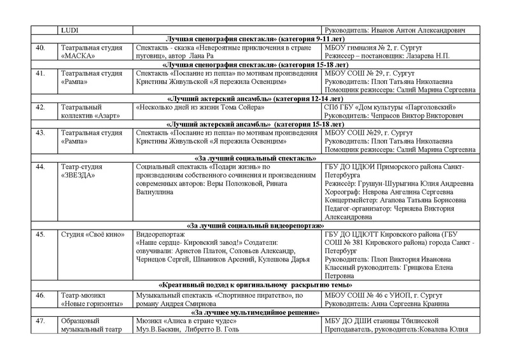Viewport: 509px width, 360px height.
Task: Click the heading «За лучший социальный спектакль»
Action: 254,157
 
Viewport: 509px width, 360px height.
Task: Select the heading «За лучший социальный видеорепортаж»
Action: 254,225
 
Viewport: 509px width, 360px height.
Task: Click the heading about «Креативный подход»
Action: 254,286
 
